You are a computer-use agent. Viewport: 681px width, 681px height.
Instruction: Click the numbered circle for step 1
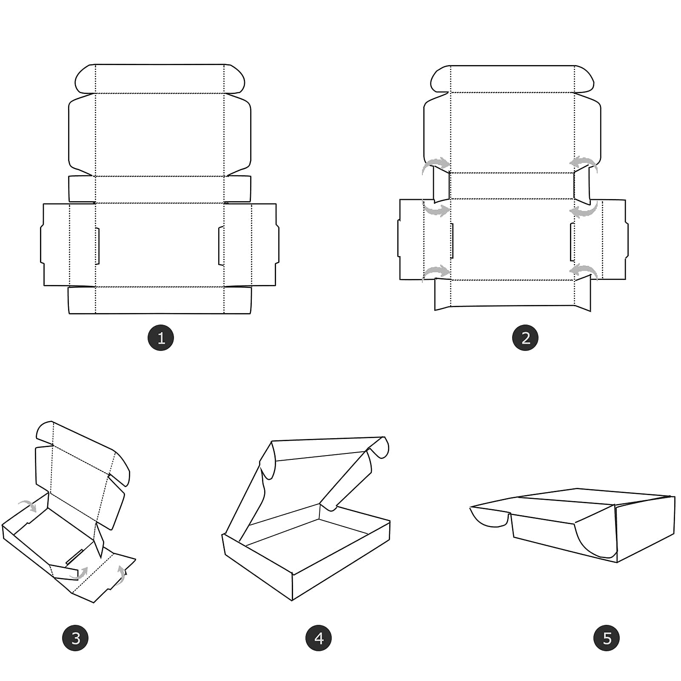[161, 338]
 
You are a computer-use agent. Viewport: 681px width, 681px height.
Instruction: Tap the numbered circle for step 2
[525, 338]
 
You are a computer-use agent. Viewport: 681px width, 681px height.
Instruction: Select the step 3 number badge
[75, 638]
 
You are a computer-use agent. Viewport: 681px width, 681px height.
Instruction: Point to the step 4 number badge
[319, 638]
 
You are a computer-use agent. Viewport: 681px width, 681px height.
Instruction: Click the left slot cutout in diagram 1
[97, 246]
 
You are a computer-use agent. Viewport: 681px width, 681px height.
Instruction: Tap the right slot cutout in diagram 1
[221, 246]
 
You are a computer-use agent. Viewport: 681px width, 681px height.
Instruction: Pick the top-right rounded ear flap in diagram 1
[235, 79]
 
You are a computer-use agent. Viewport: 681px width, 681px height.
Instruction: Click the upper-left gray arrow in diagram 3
[29, 504]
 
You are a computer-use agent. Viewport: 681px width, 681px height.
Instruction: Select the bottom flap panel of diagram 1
[160, 300]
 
